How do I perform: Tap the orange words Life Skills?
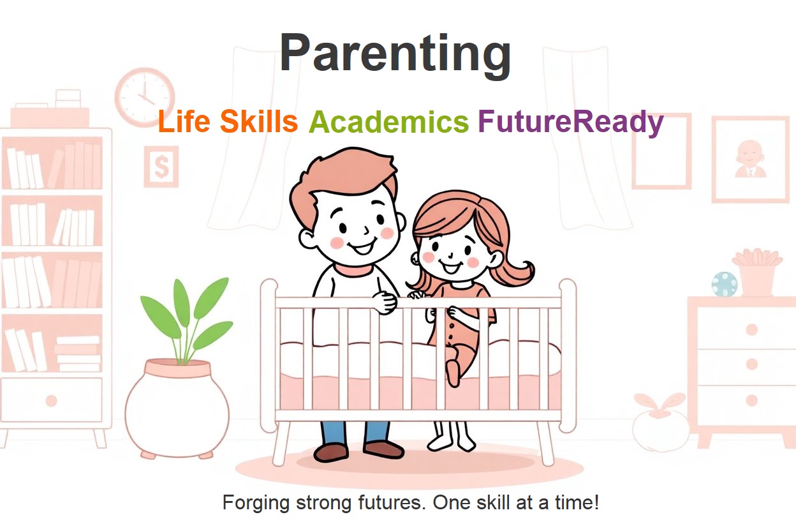pos(228,121)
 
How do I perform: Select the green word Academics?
pos(389,121)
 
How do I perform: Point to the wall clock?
pos(145,97)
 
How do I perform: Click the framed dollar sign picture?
pos(161,167)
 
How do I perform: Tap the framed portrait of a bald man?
pos(751,160)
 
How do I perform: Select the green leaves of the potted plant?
pos(186,317)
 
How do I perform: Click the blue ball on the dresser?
pos(725,284)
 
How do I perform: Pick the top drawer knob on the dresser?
pos(752,329)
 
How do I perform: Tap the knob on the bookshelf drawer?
pos(51,401)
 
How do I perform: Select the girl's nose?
pos(450,254)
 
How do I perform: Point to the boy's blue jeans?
pos(355,432)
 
